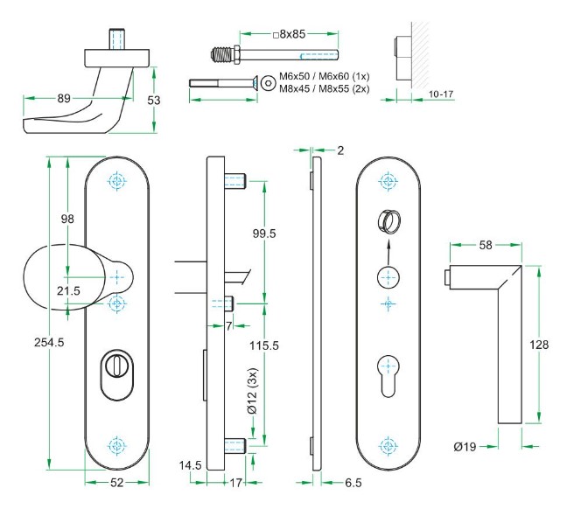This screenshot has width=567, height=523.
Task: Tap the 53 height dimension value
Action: tap(154, 101)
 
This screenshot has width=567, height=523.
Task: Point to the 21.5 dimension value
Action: tap(70, 289)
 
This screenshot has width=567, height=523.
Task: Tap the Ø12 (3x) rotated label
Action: tap(253, 390)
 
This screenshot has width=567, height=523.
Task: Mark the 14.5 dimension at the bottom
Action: tap(190, 466)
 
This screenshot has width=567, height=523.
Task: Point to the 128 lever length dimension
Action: tap(540, 345)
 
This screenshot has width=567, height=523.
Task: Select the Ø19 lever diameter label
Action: tap(465, 447)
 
